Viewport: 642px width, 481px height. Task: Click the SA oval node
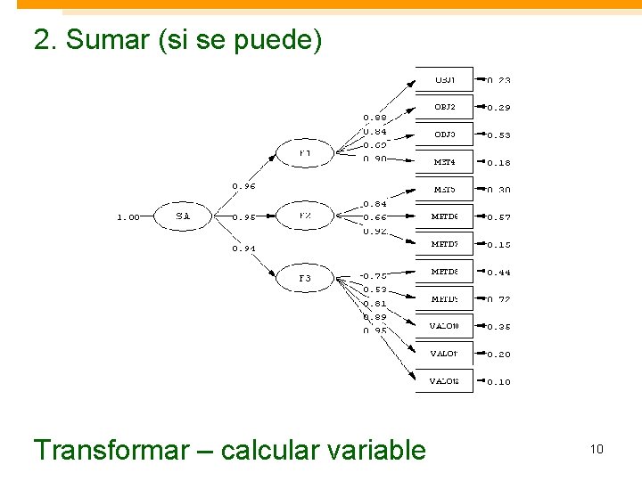(183, 216)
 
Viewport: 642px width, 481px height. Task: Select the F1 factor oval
(305, 153)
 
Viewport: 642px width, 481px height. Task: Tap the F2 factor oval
(305, 216)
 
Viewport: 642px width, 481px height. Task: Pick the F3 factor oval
(305, 279)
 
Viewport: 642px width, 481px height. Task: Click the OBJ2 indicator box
(444, 108)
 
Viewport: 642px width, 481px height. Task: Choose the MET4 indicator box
(444, 162)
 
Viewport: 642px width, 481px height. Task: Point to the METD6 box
(444, 216)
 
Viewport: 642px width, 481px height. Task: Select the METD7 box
(444, 244)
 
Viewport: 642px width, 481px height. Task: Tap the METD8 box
(444, 272)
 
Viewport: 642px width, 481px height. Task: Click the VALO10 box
(444, 326)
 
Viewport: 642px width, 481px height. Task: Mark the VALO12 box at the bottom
(444, 381)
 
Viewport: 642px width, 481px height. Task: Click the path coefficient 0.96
(244, 187)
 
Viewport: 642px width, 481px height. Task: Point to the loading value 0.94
(244, 249)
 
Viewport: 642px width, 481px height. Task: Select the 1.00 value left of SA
(128, 216)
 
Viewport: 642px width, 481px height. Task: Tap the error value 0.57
(499, 217)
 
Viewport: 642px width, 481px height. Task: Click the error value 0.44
(499, 273)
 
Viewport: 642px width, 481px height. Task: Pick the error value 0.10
(499, 382)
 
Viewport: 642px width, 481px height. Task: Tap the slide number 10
(597, 449)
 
